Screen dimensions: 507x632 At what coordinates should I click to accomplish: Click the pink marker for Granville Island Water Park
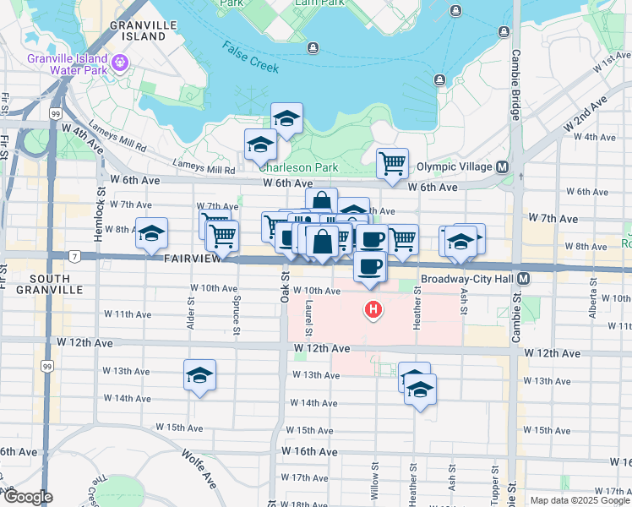pos(121,62)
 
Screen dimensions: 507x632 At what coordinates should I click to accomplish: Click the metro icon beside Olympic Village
pos(502,166)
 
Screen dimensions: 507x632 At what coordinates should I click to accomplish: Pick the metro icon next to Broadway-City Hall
pos(524,278)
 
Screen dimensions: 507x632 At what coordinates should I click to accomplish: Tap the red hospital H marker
pos(373,310)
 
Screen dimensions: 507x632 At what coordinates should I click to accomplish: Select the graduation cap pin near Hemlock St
pos(151,233)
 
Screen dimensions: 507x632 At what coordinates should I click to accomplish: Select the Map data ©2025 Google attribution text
pos(579,500)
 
